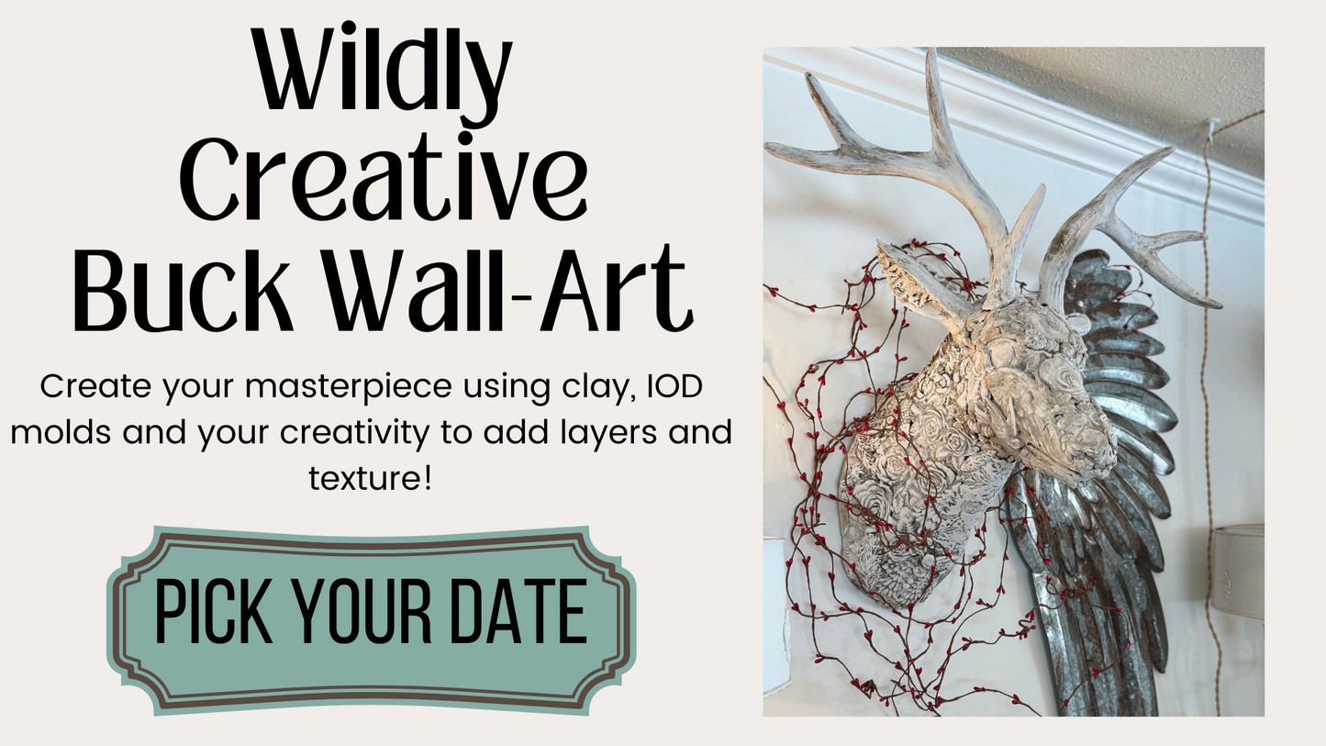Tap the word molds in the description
[61, 431]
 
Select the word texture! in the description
[370, 477]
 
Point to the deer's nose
[1096, 459]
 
